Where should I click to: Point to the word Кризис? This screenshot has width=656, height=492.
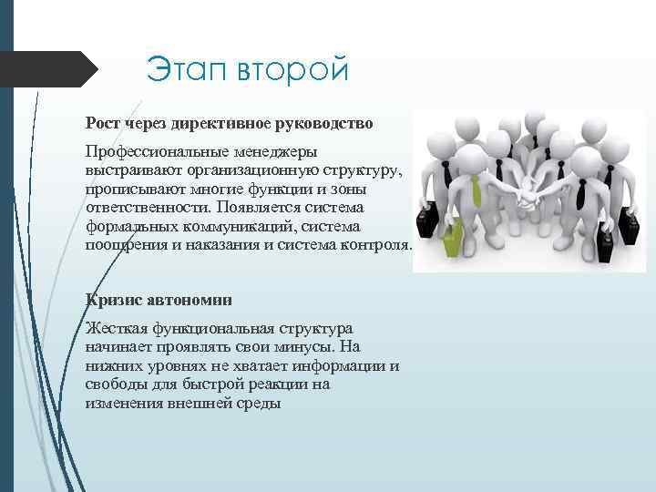click(x=112, y=299)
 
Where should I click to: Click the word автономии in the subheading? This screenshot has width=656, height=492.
click(x=187, y=299)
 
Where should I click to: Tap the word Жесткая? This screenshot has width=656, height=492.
click(x=115, y=328)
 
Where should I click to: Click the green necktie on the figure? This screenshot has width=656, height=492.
click(x=477, y=190)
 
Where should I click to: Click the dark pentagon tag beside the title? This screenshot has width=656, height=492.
click(x=50, y=70)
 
